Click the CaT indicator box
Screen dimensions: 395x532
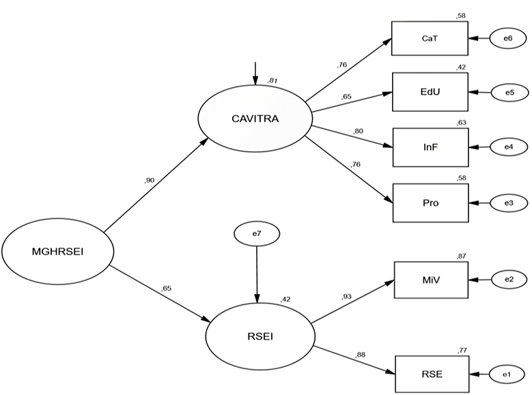click(430, 38)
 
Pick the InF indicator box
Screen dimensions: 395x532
click(430, 147)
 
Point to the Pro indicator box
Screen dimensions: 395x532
click(430, 203)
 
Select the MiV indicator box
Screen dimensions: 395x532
click(430, 279)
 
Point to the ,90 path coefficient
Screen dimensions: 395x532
click(150, 180)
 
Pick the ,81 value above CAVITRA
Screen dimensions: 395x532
click(273, 81)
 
